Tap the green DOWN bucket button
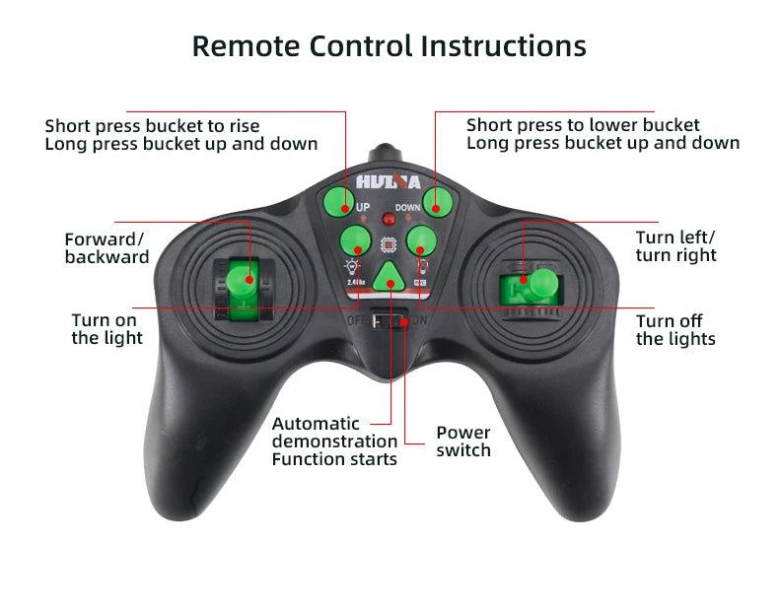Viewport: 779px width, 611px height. (436, 203)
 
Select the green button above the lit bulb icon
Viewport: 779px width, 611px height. (354, 239)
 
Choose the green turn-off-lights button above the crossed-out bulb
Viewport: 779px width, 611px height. (421, 239)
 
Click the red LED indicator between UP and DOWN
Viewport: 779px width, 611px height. (388, 220)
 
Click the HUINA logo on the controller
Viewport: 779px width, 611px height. (388, 183)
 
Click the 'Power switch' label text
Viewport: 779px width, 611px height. (463, 441)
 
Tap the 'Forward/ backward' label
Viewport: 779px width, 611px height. (106, 247)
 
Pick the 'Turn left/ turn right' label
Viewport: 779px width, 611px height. (675, 246)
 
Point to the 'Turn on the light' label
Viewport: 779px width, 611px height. (106, 329)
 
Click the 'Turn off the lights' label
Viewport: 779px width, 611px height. (675, 329)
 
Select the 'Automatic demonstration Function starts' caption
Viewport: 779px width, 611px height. (334, 441)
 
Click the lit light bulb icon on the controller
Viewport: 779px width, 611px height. (349, 267)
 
